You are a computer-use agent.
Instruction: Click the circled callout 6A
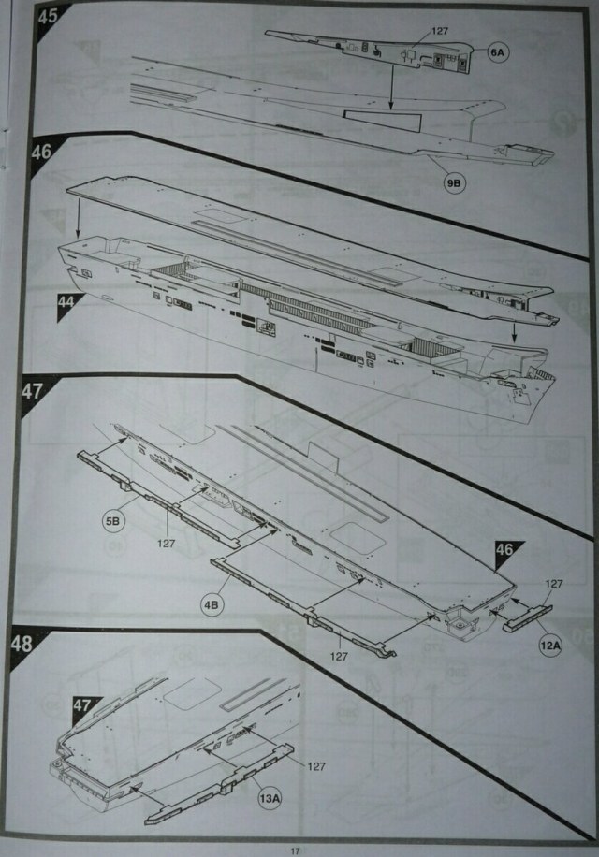tap(496, 55)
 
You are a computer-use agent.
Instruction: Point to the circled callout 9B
tap(454, 184)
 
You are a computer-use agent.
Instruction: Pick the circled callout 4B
tap(212, 605)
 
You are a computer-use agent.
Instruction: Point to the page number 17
tap(295, 847)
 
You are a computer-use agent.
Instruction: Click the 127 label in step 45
tap(441, 31)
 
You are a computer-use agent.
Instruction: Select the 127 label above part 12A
tap(554, 585)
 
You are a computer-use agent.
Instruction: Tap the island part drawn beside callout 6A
tap(374, 51)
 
